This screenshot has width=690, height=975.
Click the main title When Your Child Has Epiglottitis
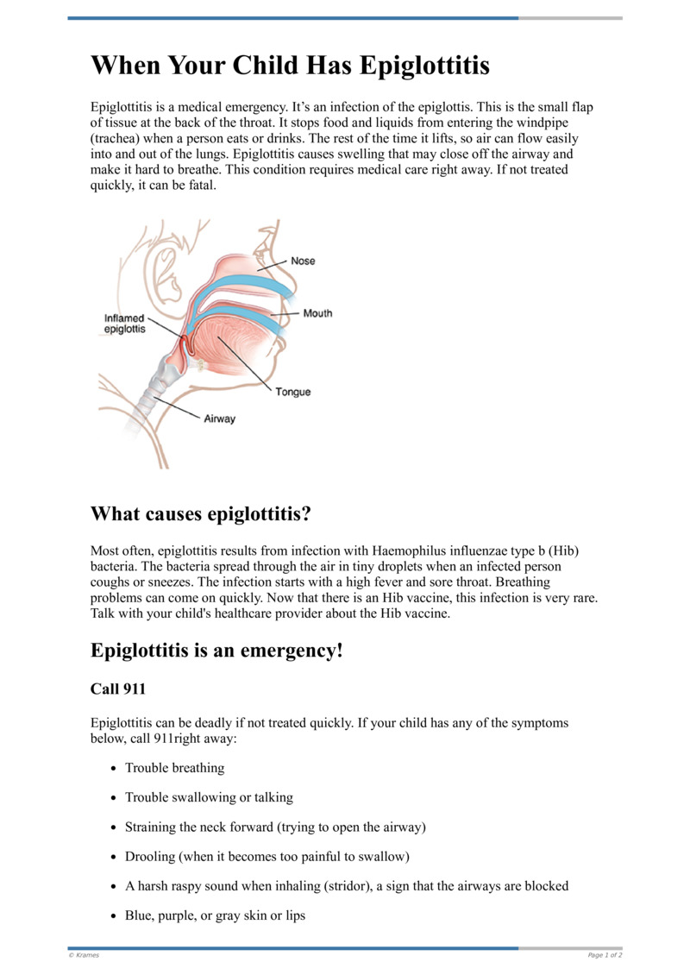291,65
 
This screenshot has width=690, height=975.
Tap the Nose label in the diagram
303,261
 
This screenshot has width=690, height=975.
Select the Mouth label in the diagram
317,313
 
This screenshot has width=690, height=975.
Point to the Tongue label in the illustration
293,393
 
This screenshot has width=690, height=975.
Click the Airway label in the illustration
219,419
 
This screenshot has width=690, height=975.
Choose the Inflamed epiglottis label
124,324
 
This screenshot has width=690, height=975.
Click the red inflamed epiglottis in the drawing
185,345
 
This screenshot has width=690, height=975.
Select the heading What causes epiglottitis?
200,515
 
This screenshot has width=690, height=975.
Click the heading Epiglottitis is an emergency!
216,650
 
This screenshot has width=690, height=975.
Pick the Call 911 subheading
118,690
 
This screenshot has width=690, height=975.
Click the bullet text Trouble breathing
174,768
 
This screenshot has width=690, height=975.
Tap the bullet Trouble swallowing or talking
209,797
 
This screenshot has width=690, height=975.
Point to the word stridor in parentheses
346,885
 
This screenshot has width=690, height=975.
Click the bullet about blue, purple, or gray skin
215,915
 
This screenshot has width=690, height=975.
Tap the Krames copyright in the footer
85,955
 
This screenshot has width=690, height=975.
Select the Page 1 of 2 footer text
605,955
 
